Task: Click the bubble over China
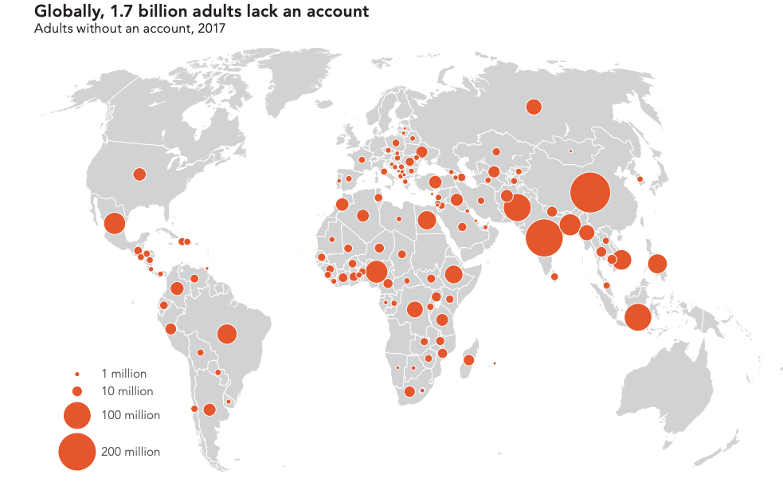[x=590, y=193]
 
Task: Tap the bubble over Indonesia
[x=637, y=317]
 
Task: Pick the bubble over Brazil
[x=227, y=334]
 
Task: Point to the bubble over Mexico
[x=114, y=223]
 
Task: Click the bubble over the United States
[x=139, y=174]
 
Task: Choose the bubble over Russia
[x=534, y=107]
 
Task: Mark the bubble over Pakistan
[x=516, y=208]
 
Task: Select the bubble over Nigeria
[x=377, y=272]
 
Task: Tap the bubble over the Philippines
[x=658, y=263]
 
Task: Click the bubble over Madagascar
[x=468, y=360]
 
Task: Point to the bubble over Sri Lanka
[x=554, y=276]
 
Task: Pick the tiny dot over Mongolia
[x=570, y=151]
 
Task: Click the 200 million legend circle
[x=77, y=452]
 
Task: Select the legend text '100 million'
[x=131, y=415]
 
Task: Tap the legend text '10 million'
[x=127, y=391]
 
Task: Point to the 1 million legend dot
[x=77, y=374]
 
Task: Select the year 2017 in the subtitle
[x=212, y=29]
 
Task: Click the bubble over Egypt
[x=427, y=220]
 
